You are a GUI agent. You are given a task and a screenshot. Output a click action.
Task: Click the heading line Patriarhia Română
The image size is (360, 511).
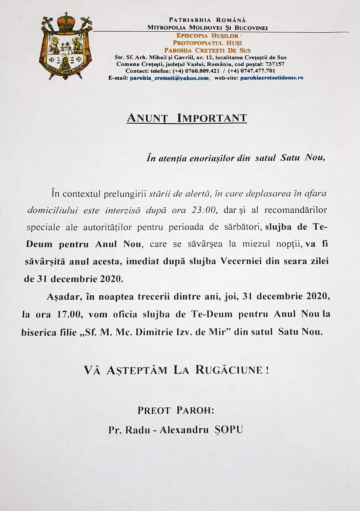(207, 20)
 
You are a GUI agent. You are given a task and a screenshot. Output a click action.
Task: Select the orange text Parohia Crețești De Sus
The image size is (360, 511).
(207, 50)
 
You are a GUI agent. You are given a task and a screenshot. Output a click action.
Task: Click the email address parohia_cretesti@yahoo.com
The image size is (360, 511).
(169, 78)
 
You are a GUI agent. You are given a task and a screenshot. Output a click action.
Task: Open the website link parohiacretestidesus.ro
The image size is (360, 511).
(272, 78)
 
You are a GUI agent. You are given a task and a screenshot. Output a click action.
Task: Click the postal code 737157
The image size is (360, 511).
(275, 64)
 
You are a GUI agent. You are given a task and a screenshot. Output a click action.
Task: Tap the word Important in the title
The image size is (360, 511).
(212, 118)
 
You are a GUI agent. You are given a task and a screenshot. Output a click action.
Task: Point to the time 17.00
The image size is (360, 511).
(68, 314)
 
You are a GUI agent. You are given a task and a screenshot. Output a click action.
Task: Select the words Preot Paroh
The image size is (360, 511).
(176, 410)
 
